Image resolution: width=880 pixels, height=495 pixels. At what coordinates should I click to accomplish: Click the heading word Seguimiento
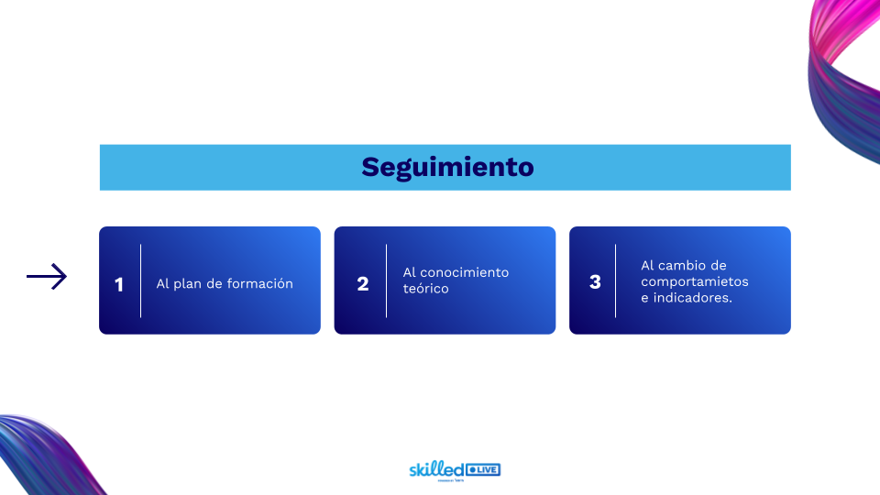(x=446, y=168)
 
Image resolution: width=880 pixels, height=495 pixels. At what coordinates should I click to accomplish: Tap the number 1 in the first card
(x=119, y=284)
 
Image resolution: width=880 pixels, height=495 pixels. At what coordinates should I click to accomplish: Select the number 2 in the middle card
(x=363, y=284)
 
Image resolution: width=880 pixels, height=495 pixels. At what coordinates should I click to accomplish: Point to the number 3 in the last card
(x=595, y=282)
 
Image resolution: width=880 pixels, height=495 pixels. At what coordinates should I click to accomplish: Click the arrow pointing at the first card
(x=47, y=277)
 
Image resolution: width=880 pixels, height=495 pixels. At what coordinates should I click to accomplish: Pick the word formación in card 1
(x=264, y=284)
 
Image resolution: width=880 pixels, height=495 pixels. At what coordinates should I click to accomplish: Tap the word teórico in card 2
(x=426, y=289)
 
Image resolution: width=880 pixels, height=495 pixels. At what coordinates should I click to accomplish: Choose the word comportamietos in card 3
(x=695, y=281)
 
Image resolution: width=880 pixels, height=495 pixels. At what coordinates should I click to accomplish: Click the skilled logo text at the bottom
(x=436, y=469)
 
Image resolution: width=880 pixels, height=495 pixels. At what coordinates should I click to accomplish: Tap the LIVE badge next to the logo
(x=484, y=470)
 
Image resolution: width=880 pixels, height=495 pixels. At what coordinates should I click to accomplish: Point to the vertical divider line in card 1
(x=141, y=280)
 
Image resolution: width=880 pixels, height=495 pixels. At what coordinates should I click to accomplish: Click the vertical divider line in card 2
(x=386, y=280)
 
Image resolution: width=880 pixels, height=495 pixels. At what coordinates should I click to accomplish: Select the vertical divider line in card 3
(x=615, y=280)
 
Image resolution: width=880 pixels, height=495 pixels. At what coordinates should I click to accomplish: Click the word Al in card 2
(x=409, y=272)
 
